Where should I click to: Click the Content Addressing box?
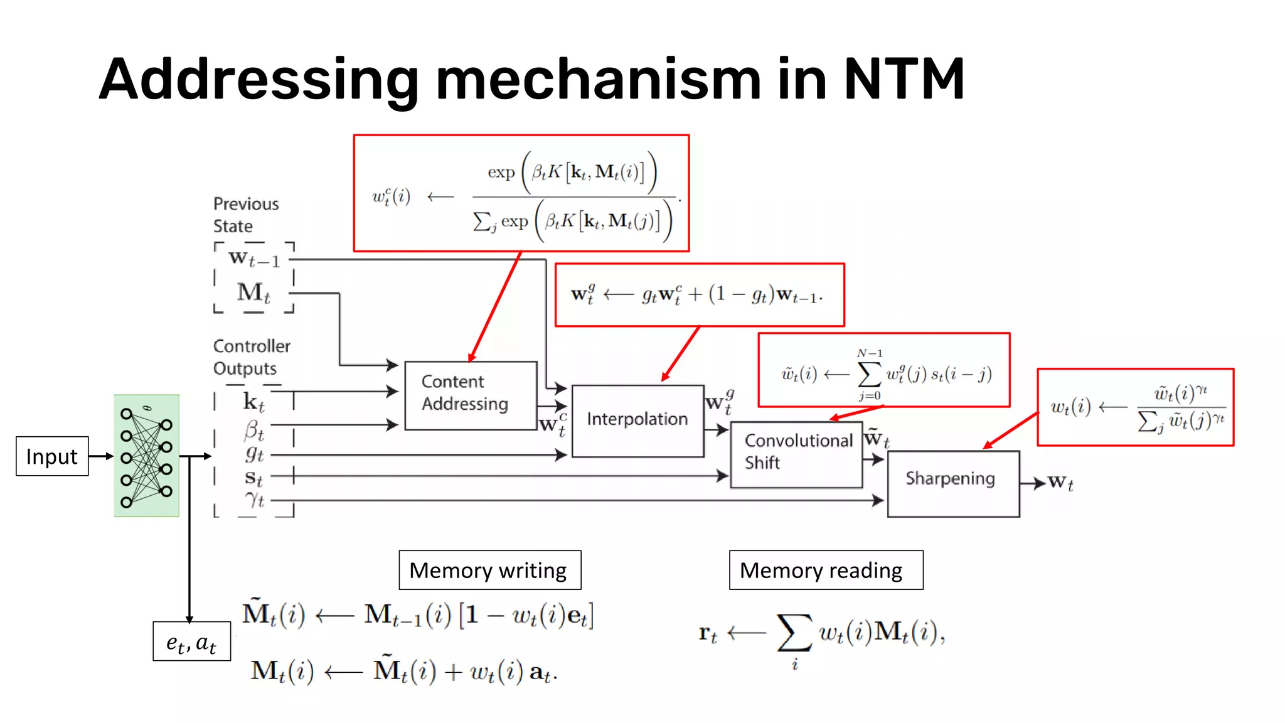[x=471, y=395]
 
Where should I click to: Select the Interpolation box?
[x=637, y=420]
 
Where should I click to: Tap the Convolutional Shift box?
[x=796, y=454]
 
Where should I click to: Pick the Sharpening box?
[x=952, y=483]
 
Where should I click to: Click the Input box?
[x=52, y=456]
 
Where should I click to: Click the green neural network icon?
[x=146, y=456]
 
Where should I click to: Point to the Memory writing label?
[x=489, y=570]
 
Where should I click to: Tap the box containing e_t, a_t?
[x=191, y=641]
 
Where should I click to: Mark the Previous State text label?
[x=245, y=215]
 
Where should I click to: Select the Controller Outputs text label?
[x=252, y=356]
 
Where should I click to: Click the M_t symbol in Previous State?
[x=253, y=292]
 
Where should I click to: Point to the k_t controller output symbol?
[x=253, y=402]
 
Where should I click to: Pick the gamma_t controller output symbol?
[x=254, y=500]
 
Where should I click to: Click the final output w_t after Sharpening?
[x=1060, y=483]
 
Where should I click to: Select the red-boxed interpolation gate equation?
[x=700, y=295]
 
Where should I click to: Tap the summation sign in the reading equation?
[x=794, y=633]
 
